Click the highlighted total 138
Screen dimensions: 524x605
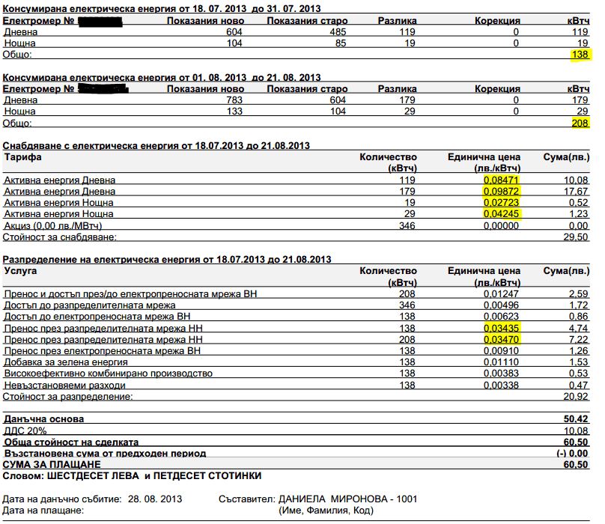click(x=580, y=55)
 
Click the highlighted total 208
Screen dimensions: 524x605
click(x=580, y=123)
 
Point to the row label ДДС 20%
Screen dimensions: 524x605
click(x=26, y=430)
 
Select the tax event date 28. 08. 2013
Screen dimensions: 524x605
click(x=154, y=499)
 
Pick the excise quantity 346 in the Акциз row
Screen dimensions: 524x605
click(x=407, y=225)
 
